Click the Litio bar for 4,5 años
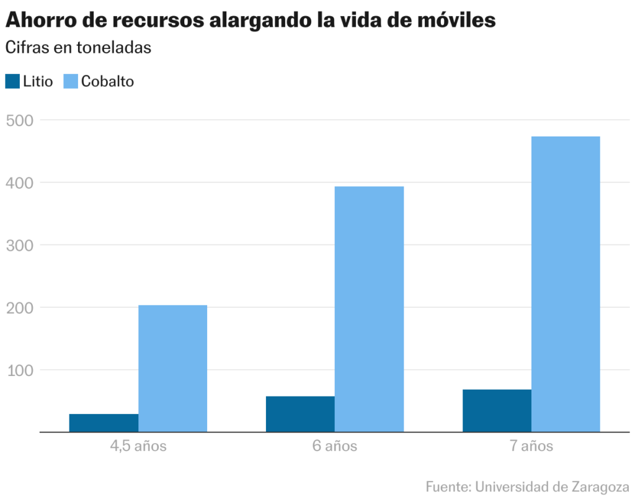(104, 423)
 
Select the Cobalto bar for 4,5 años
(172, 368)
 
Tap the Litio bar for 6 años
(300, 414)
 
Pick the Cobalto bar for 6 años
(369, 309)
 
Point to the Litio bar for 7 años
(497, 410)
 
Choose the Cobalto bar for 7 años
(566, 284)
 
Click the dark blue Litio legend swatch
(12, 81)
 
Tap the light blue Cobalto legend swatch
(71, 81)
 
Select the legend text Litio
(38, 81)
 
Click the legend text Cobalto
(107, 81)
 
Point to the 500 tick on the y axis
(20, 120)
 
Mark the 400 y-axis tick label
(20, 182)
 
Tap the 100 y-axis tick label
(20, 370)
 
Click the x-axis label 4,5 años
(138, 446)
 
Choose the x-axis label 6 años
(335, 446)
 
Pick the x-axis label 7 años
(531, 446)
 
